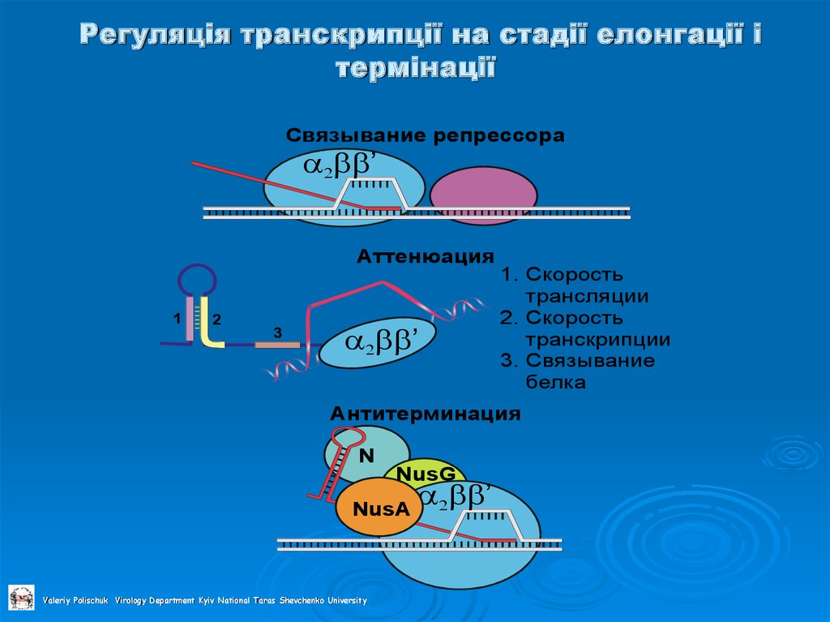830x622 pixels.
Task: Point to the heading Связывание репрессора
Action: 424,136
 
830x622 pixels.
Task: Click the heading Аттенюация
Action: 426,257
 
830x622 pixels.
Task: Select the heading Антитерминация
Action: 424,414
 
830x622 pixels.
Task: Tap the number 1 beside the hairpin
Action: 175,320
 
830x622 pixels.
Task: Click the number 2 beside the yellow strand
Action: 216,320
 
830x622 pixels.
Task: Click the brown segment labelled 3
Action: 277,345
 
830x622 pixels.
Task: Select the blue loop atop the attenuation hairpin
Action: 198,279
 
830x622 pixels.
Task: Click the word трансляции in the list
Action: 586,296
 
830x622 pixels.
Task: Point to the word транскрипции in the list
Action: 597,339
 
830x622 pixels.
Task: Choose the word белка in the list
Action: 555,382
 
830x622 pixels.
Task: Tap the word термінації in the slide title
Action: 415,67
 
